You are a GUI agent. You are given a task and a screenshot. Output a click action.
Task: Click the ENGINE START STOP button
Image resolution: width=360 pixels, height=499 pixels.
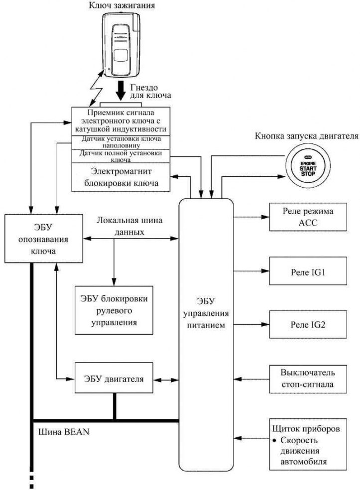(308, 168)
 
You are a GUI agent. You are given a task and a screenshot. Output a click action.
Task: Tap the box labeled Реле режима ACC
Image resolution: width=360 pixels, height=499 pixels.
(308, 217)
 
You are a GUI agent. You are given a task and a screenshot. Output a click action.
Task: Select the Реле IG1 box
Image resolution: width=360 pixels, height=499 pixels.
(308, 271)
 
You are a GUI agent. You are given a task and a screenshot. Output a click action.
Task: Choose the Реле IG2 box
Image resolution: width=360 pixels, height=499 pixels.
(308, 324)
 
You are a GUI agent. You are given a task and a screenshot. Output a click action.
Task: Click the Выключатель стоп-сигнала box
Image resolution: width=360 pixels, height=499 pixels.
(308, 379)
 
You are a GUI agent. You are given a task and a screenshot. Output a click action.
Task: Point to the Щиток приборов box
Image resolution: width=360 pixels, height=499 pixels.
(308, 444)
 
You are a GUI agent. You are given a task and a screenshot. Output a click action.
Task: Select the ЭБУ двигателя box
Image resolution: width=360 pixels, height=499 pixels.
(114, 378)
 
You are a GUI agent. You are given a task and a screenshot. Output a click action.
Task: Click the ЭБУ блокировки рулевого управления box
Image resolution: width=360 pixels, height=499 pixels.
(114, 310)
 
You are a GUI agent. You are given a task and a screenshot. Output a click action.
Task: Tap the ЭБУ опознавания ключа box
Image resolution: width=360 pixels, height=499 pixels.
(44, 239)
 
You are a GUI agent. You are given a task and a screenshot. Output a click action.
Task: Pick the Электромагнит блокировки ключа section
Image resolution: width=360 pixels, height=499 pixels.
(120, 177)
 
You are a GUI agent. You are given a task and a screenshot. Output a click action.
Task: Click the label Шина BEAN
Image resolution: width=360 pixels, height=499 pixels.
(64, 432)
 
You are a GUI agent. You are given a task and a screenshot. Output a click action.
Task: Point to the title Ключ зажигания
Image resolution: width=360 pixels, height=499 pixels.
(122, 5)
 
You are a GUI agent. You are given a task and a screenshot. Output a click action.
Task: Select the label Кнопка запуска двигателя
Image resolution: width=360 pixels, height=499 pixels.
(307, 136)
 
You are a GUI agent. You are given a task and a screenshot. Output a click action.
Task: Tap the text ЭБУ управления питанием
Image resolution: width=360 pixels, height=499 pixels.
(206, 313)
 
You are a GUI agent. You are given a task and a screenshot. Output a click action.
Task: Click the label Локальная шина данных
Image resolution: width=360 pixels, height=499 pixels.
(129, 226)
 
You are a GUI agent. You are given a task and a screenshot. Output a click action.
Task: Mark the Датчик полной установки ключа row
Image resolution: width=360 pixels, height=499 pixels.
(120, 156)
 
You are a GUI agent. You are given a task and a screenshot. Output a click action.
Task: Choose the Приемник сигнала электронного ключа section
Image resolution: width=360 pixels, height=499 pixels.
(120, 121)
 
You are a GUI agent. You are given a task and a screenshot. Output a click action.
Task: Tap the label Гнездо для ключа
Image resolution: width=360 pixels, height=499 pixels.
(150, 91)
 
